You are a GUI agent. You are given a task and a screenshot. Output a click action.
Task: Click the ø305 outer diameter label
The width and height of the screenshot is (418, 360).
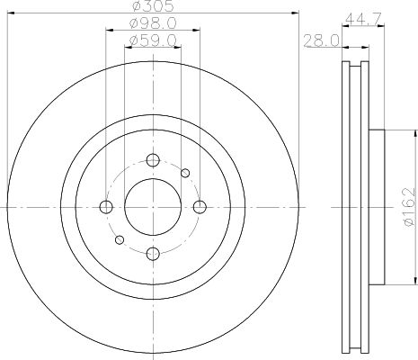point(153,6)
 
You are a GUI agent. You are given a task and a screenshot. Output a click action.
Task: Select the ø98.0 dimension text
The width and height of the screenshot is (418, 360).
point(153,23)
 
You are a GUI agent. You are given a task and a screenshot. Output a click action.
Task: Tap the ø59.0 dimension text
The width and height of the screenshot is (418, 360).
point(153,40)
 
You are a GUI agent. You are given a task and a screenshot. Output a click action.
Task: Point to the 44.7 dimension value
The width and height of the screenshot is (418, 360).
point(363,19)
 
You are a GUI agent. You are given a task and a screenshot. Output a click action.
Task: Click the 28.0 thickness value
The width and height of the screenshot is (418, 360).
point(321,40)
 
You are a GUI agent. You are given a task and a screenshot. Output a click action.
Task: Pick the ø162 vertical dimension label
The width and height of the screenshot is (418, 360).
point(410,207)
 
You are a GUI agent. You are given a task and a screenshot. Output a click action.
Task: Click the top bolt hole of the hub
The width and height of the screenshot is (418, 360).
point(153,160)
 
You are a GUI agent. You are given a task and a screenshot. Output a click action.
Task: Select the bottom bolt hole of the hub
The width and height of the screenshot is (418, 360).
point(153,254)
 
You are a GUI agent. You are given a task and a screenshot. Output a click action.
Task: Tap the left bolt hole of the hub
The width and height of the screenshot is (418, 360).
point(106,207)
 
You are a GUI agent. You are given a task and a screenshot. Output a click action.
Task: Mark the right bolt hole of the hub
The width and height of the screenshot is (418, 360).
point(200,207)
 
